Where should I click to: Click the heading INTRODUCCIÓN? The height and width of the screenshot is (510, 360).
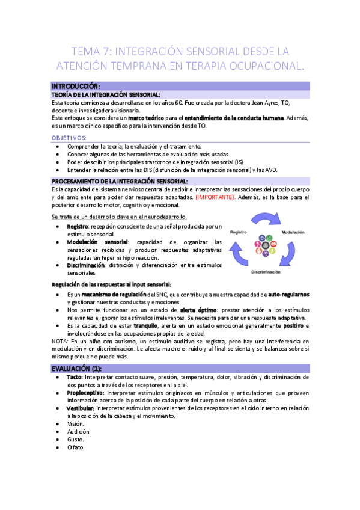click(76, 86)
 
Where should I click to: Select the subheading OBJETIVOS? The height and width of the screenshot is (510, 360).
click(69, 138)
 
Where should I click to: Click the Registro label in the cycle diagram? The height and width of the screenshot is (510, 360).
click(239, 232)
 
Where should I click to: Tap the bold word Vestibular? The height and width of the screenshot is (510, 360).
click(81, 408)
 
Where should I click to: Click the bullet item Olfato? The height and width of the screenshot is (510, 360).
click(76, 447)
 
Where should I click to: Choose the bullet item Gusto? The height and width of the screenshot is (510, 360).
click(75, 440)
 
